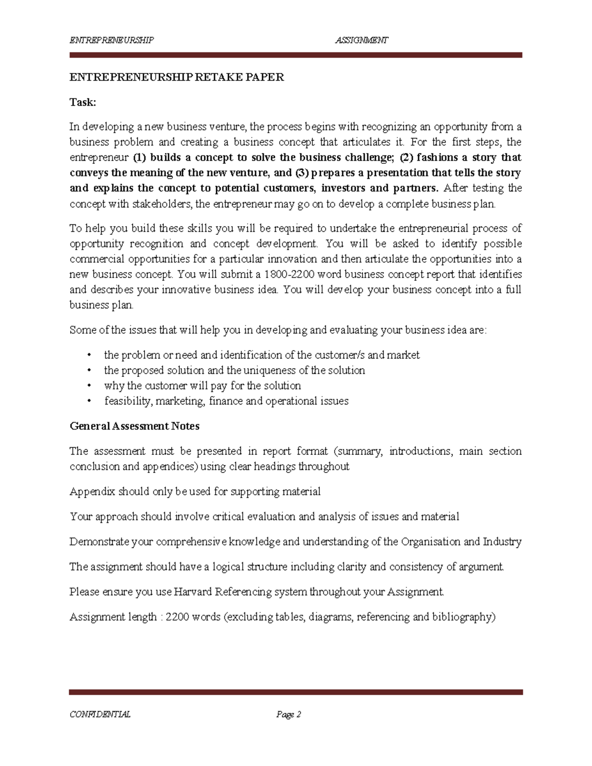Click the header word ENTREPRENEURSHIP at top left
[111, 40]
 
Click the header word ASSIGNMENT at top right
[362, 40]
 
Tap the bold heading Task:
[82, 102]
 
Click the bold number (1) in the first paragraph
[140, 157]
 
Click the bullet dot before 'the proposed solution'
[89, 370]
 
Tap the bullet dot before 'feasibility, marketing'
[89, 401]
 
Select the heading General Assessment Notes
[134, 426]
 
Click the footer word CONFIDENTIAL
[100, 714]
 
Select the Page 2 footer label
[289, 714]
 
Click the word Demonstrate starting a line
[99, 542]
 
